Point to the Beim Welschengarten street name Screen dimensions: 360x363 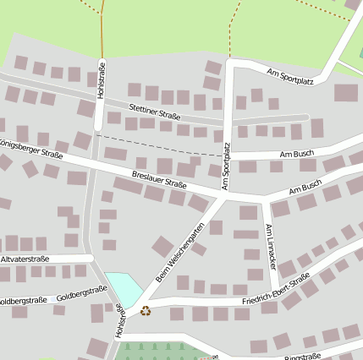point(180,253)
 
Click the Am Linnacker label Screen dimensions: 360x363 point(270,246)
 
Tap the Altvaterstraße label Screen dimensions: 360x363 point(25,259)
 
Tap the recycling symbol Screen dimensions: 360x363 point(146,310)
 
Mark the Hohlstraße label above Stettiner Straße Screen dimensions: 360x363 point(102,81)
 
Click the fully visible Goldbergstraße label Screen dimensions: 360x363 point(81,293)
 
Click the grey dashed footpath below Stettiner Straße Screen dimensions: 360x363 point(161,145)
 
